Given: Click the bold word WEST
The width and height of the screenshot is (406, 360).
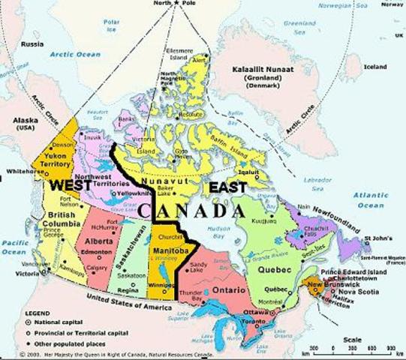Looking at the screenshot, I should point(65,184).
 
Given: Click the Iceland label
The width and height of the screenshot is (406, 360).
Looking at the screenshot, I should point(374,67).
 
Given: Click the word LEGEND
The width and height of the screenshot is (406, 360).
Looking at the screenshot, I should point(19,311).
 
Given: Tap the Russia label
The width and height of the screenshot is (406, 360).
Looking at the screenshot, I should point(32,43).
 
